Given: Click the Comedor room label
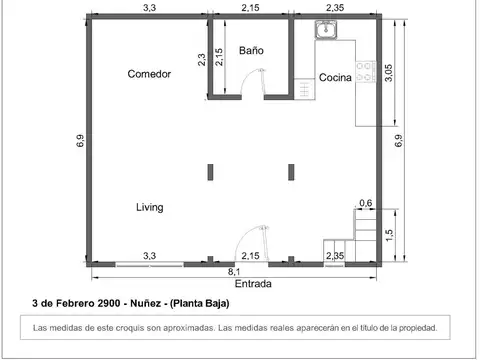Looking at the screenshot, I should click(149, 74).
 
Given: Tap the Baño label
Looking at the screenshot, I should click(251, 50).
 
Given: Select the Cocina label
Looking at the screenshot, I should click(334, 78).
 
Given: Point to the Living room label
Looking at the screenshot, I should click(150, 207).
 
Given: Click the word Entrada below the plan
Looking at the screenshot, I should click(239, 283).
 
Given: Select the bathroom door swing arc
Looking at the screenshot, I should click(259, 82).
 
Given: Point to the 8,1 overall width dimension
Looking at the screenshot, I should click(234, 271).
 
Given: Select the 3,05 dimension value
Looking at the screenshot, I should click(390, 74).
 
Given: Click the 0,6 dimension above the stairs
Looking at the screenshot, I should click(365, 203).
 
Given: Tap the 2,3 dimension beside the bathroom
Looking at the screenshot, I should click(203, 60).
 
